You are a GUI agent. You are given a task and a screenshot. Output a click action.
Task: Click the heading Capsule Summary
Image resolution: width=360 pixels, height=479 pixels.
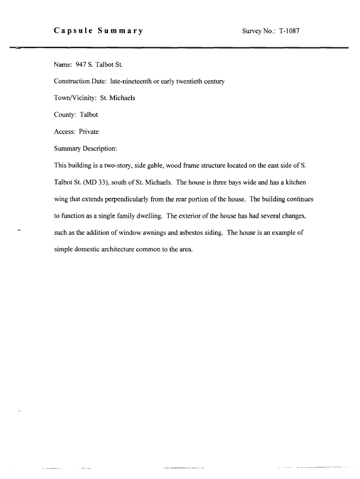click(x=98, y=31)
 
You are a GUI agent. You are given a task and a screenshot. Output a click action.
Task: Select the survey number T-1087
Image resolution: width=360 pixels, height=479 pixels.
click(x=289, y=31)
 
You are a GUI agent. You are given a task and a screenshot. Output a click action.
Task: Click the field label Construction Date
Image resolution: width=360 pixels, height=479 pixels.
click(x=80, y=81)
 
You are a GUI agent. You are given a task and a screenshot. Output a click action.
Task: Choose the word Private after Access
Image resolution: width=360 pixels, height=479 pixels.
click(x=89, y=131)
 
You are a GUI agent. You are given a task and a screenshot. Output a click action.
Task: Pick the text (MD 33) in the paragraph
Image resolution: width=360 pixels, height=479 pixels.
click(x=96, y=182)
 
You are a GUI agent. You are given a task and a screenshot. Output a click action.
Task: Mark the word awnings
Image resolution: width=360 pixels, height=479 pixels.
click(x=152, y=232)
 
